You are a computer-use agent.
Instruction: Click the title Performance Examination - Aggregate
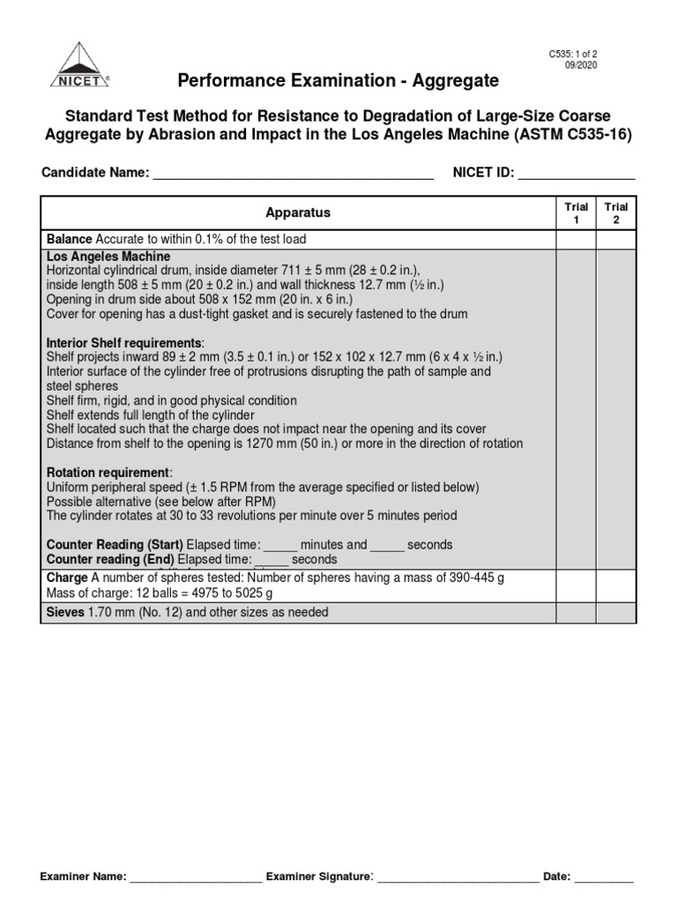338,81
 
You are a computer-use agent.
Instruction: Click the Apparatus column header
298,213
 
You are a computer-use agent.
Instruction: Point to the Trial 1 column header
576,213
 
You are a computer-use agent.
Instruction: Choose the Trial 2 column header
616,213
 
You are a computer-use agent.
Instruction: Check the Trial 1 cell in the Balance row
576,240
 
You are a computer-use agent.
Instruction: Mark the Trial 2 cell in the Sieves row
616,612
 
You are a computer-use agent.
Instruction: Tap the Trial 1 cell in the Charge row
576,586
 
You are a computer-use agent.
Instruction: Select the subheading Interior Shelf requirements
124,342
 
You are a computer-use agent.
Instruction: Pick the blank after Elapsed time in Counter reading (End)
271,560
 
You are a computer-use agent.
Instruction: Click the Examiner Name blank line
197,878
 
